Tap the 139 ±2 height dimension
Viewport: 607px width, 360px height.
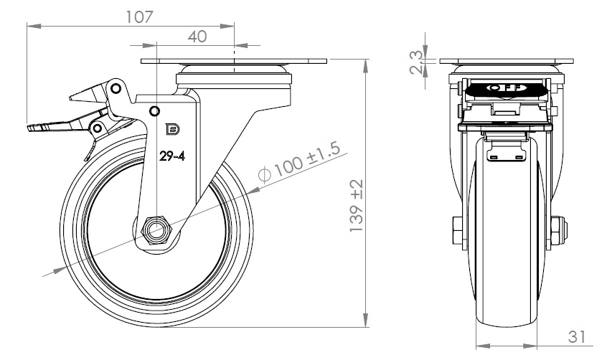pyautogui.click(x=355, y=205)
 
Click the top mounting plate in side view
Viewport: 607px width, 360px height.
pyautogui.click(x=234, y=61)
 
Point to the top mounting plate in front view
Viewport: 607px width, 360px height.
pyautogui.click(x=507, y=60)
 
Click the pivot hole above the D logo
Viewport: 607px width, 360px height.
pyautogui.click(x=154, y=110)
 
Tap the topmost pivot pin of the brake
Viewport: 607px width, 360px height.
pyautogui.click(x=115, y=88)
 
